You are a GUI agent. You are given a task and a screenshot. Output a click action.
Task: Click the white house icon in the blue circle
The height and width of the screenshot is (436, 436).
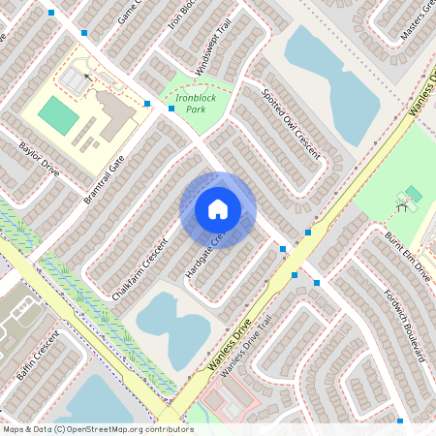click(218, 209)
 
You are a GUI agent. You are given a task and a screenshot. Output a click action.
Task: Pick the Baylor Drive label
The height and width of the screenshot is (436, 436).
click(39, 161)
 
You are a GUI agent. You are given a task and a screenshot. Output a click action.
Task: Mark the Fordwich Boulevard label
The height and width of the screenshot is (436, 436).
click(403, 326)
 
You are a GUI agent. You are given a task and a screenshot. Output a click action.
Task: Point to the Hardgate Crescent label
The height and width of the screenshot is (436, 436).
click(204, 257)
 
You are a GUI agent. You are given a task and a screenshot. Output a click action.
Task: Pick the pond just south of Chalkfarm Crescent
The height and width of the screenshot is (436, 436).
click(172, 327)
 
